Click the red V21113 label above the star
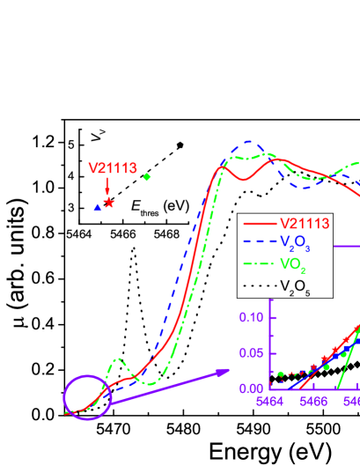click(x=113, y=168)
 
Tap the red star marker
click(x=109, y=203)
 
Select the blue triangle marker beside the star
click(x=98, y=207)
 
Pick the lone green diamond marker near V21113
click(x=147, y=177)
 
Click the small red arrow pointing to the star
click(x=107, y=187)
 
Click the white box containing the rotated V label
click(x=98, y=136)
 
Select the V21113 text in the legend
click(x=305, y=224)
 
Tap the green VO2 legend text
click(x=293, y=264)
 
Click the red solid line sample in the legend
click(x=258, y=224)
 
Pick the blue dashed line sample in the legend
click(x=258, y=244)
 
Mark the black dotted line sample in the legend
click(x=258, y=285)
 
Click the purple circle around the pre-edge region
click(x=87, y=397)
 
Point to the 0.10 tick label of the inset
click(x=252, y=317)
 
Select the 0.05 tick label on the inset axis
click(x=252, y=352)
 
